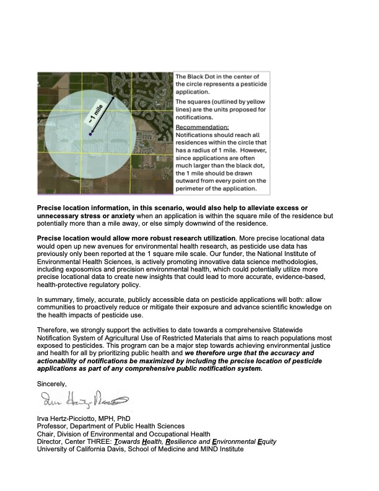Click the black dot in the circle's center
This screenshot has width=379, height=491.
[x=90, y=134]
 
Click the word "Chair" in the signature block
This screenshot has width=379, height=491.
[x=46, y=434]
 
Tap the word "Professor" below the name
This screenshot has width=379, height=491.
[x=54, y=426]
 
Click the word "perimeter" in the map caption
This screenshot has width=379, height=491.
[x=193, y=188]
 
